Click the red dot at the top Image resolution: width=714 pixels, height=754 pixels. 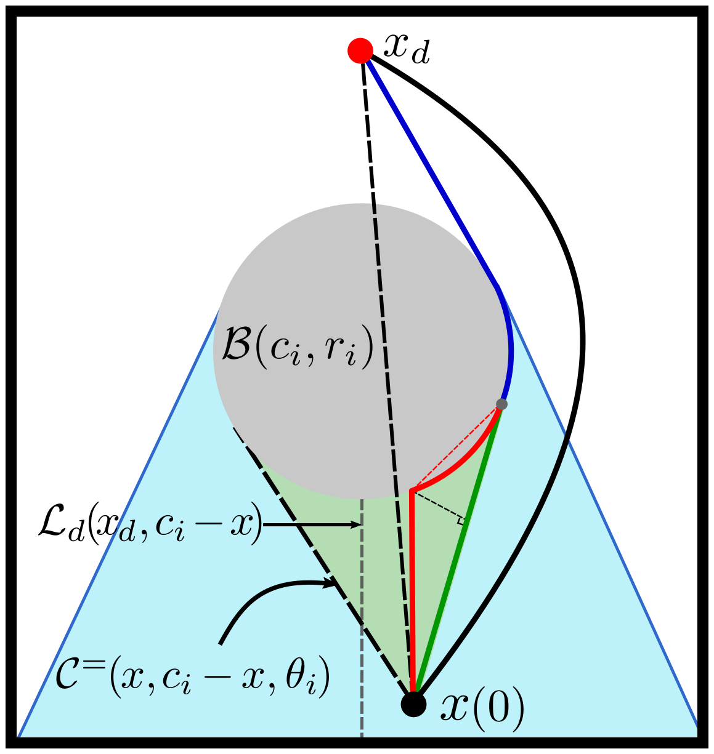coord(360,50)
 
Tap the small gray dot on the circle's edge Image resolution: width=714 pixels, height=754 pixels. coord(501,404)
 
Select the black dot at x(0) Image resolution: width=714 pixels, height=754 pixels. coord(413,704)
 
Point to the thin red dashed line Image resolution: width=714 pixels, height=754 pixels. coord(456,448)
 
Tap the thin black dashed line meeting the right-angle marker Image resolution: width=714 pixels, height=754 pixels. coord(437,505)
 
